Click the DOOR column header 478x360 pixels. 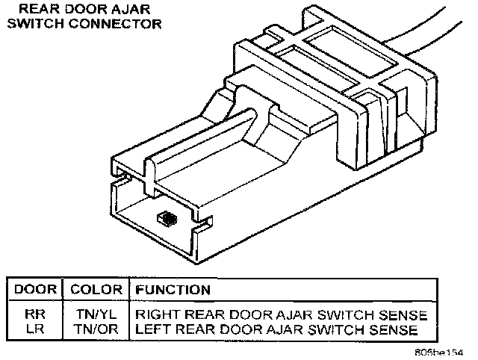coord(33,289)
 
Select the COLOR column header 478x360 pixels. coord(94,289)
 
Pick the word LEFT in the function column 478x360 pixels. coord(149,329)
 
